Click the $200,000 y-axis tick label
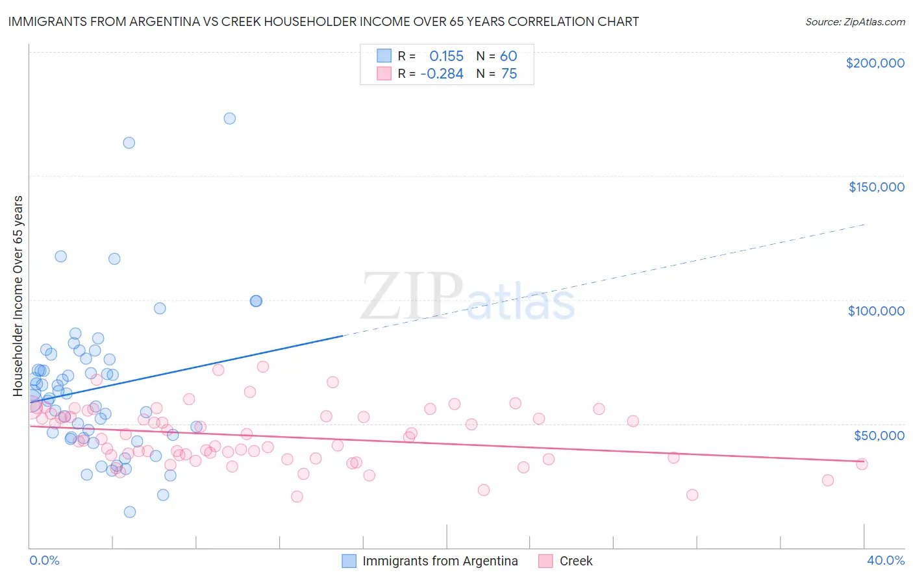point(875,63)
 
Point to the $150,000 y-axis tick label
point(876,187)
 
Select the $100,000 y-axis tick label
point(876,311)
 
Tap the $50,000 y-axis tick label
point(879,435)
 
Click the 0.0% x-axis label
point(44,560)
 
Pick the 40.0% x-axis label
point(886,560)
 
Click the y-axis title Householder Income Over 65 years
point(18,295)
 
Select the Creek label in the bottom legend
point(576,561)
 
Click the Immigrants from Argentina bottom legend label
point(440,561)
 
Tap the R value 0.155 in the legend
point(446,56)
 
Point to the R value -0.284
point(442,74)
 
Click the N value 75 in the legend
point(509,74)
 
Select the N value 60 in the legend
point(508,56)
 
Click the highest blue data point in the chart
point(229,118)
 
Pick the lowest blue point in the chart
point(130,511)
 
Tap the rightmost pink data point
point(862,463)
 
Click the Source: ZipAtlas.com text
point(855,22)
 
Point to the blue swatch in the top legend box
point(384,56)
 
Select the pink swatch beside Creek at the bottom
point(545,561)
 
